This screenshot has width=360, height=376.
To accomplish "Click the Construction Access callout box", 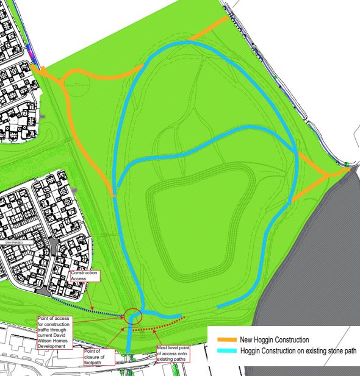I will (84, 277).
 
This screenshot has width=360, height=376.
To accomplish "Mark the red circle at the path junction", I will (134, 316).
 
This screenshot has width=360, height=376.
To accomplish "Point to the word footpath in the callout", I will (97, 361).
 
